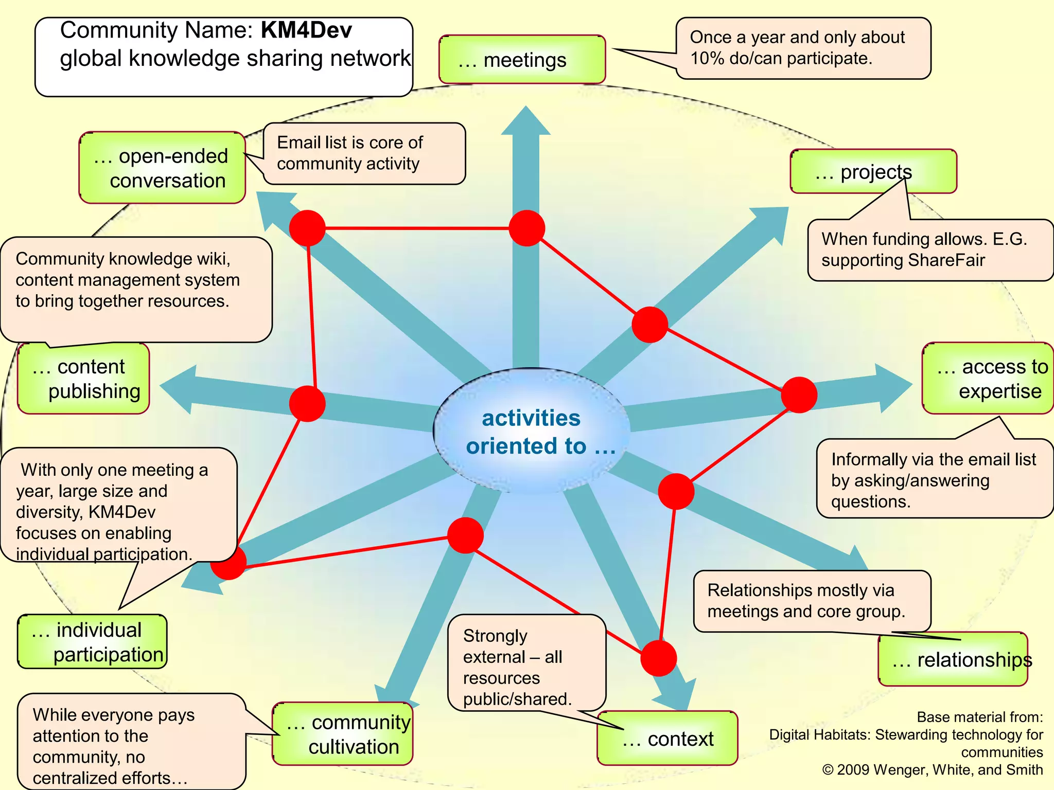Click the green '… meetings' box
point(522,60)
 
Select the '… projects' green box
point(873,171)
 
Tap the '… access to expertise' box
point(987,379)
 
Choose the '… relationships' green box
point(953,659)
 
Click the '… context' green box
point(667,739)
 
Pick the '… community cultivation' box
point(343,734)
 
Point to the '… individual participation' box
point(93,642)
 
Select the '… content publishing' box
point(83,379)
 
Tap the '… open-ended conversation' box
point(162,168)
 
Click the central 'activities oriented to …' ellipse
point(531,431)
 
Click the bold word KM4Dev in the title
point(306,30)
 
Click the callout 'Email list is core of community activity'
point(364,153)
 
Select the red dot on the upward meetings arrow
point(526,228)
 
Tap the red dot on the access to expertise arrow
point(799,394)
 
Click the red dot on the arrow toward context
point(658,658)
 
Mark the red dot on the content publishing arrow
point(307,404)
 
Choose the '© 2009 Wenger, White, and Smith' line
point(932,770)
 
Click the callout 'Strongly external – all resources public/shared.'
point(526,662)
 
